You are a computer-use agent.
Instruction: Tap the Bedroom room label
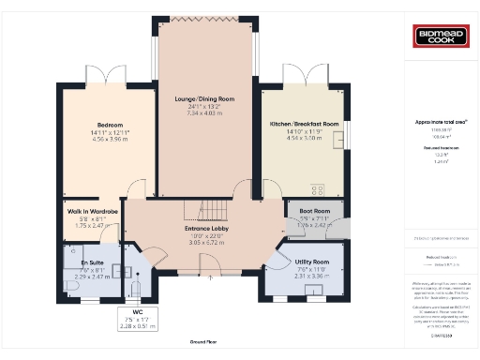point(110,125)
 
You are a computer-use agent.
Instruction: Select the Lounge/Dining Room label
point(204,98)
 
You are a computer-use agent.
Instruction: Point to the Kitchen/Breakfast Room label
point(304,124)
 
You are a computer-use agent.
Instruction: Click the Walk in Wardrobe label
point(92,212)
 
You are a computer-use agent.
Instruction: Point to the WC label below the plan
point(137,312)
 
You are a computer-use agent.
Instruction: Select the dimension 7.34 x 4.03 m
point(204,112)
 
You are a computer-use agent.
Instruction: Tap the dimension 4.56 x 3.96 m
point(110,138)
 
